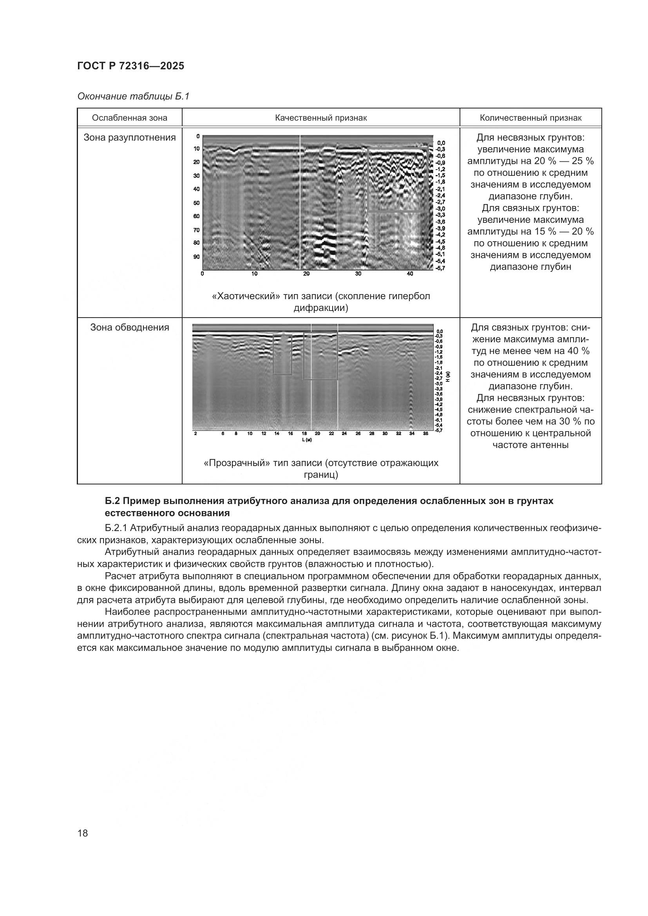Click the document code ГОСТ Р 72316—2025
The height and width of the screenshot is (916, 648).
click(x=130, y=66)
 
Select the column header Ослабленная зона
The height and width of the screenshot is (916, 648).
click(x=129, y=118)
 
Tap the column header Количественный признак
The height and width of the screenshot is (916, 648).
click(x=530, y=118)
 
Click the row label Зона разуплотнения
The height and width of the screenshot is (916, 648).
click(x=129, y=137)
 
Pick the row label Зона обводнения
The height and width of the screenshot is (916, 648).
click(x=129, y=327)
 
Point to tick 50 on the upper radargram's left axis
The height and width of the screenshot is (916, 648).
click(x=196, y=203)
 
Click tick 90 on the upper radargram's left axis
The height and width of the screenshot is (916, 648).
click(x=196, y=257)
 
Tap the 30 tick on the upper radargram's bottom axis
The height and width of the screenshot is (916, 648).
click(x=358, y=274)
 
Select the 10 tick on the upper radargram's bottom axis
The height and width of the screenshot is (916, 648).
click(x=254, y=274)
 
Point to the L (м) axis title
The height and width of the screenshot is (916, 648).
click(x=306, y=440)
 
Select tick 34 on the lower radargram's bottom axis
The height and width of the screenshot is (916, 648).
click(x=412, y=434)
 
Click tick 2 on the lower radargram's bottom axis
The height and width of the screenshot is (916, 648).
click(x=195, y=434)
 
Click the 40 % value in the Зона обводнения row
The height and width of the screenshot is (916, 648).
click(x=579, y=351)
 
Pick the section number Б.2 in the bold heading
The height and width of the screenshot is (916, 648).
click(x=113, y=501)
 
